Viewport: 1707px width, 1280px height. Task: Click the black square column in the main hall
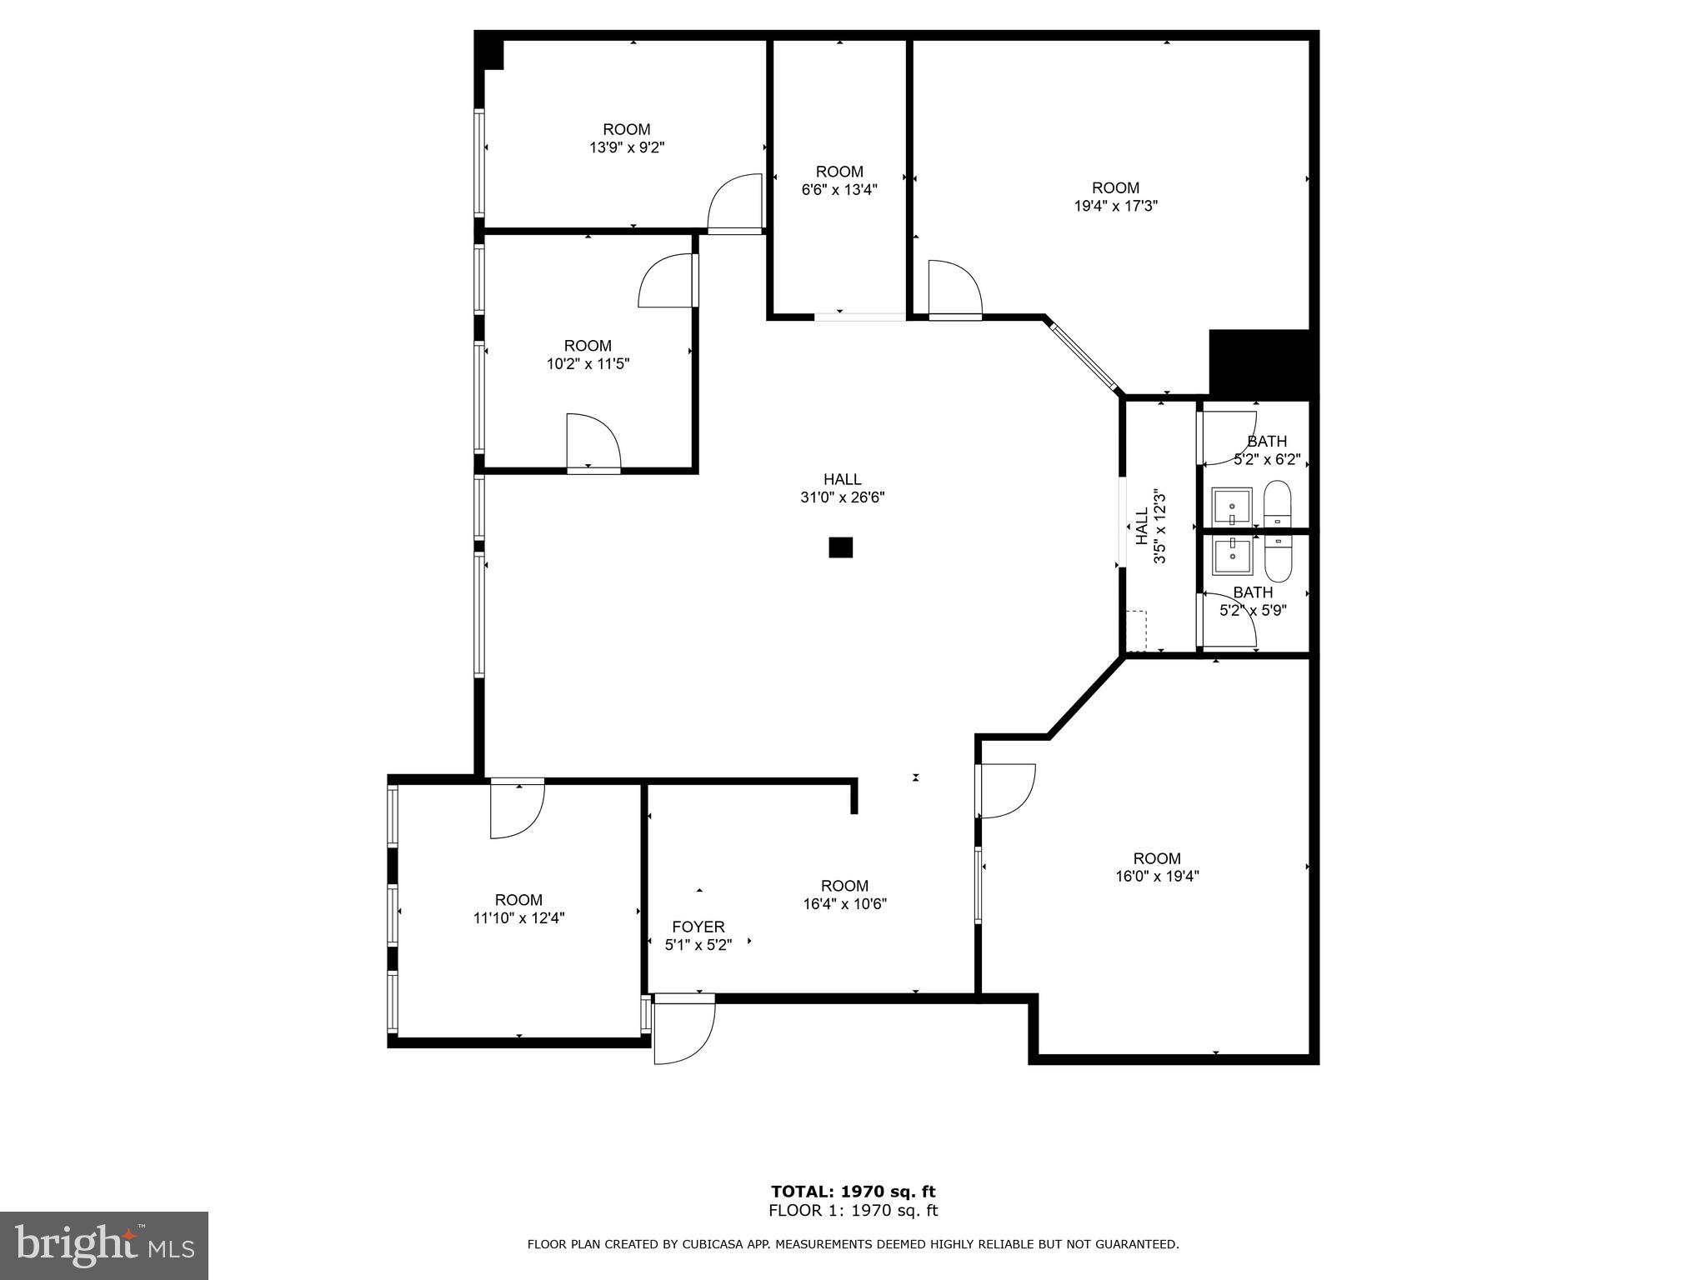[840, 547]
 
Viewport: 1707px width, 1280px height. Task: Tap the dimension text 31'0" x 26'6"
[842, 497]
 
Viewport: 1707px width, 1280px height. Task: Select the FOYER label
[698, 927]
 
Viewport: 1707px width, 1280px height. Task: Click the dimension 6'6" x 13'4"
[839, 190]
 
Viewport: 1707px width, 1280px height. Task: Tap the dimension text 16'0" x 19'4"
[1157, 876]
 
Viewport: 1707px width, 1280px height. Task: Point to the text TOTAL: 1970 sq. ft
[853, 1192]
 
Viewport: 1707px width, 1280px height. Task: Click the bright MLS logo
[104, 1245]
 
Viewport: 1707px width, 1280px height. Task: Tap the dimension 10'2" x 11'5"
[588, 364]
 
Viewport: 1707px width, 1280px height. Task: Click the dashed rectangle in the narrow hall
[1136, 631]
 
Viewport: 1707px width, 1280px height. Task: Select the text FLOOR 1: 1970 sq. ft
[853, 1211]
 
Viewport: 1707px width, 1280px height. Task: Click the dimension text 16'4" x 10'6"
[844, 904]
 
